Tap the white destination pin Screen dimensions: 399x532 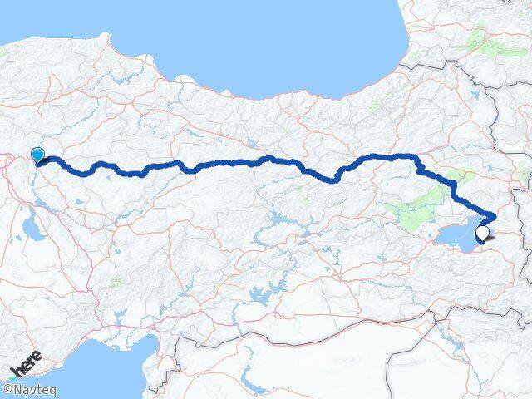pyautogui.click(x=481, y=235)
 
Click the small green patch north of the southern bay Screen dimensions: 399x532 pyautogui.click(x=117, y=282)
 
